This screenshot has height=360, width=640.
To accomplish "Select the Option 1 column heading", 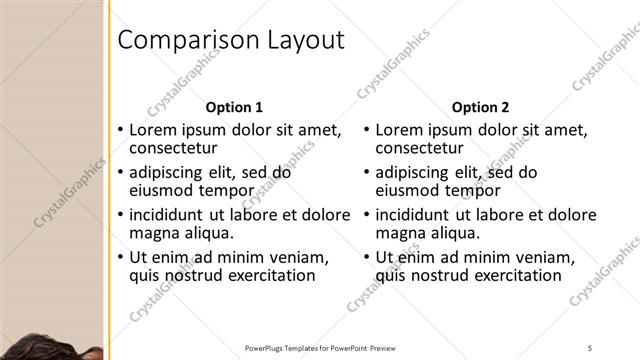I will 234,107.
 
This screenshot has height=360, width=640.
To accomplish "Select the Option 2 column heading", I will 480,107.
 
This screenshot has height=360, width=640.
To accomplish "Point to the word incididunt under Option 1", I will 173,214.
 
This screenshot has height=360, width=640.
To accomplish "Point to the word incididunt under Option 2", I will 419,214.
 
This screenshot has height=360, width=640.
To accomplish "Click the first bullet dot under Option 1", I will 121,130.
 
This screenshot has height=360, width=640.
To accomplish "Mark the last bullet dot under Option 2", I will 367,257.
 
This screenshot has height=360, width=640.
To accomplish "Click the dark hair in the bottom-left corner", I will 30,344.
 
